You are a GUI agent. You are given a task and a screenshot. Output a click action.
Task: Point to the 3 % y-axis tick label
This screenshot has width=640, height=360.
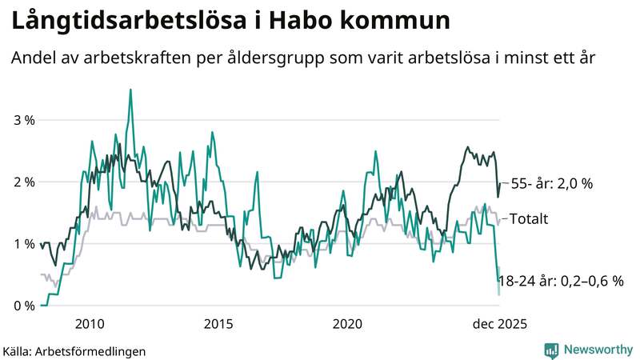[x=24, y=120]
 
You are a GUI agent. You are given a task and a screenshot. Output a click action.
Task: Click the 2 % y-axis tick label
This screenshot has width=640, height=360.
[x=24, y=182]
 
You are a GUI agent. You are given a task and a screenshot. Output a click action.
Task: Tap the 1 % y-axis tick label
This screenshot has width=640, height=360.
[x=24, y=243]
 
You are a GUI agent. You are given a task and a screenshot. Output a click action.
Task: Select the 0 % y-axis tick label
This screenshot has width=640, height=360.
[x=24, y=306]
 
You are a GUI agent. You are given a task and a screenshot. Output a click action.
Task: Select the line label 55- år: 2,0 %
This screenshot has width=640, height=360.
[x=551, y=183]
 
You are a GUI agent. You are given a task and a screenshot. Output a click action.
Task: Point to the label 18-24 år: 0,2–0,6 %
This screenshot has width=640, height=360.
[x=560, y=281]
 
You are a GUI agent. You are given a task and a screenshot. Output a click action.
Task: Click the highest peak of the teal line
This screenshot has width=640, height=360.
[x=130, y=90]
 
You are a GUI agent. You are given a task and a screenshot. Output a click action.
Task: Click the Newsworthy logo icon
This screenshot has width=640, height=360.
[x=551, y=350]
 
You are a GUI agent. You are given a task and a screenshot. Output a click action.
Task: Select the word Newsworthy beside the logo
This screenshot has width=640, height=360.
[x=596, y=350]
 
